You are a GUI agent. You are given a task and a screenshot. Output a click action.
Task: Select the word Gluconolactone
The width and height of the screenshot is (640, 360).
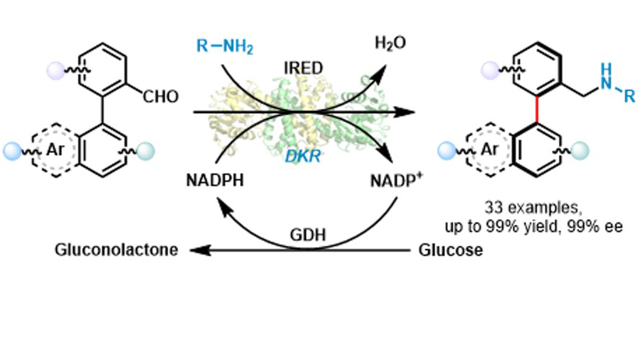tap(114, 250)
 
